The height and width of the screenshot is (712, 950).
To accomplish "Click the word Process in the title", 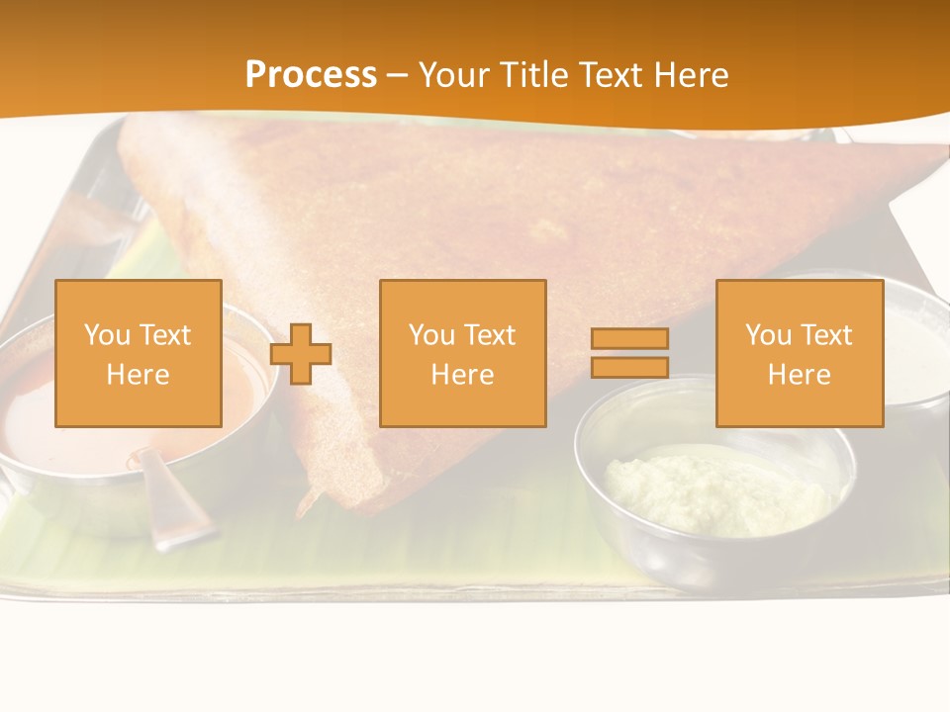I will point(311,75).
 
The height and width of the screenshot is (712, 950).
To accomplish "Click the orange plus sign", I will point(301,354).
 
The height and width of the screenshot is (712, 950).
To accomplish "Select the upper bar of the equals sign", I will point(629,338).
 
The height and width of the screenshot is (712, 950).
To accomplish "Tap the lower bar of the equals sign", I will point(629,368).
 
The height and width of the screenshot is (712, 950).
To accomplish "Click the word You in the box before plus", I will point(106,335).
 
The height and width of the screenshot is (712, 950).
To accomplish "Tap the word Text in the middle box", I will point(489,335).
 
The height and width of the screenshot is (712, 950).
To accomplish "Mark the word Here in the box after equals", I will point(799,375).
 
